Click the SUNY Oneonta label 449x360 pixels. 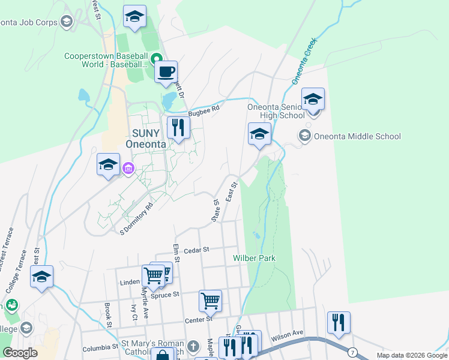(142, 138)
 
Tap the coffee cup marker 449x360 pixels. (166, 72)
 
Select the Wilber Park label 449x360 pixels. (254, 258)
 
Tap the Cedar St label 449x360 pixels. (196, 250)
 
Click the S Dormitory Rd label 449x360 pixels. (137, 218)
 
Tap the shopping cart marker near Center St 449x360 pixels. (210, 300)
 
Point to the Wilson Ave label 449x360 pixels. (287, 337)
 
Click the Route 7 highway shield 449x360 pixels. (353, 351)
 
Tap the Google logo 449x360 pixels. (20, 353)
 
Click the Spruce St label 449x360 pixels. (167, 295)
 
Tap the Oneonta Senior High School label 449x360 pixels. (276, 112)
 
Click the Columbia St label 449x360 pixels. (100, 347)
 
